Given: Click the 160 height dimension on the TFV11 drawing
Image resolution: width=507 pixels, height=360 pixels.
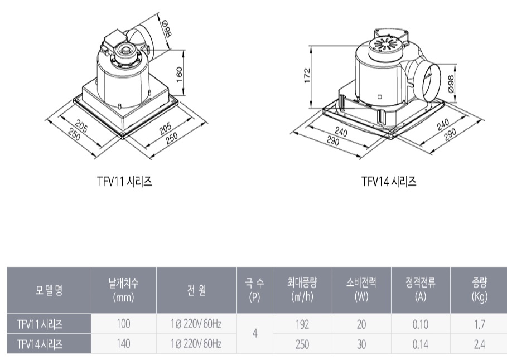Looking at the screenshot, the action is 180,74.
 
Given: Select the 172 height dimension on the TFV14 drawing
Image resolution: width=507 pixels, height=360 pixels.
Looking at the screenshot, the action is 307,75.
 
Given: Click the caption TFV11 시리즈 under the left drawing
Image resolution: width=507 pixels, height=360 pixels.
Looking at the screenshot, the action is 124,181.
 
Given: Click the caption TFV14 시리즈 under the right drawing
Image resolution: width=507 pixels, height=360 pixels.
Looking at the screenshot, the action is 389,181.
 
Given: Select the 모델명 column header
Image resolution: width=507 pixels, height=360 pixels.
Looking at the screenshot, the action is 49,290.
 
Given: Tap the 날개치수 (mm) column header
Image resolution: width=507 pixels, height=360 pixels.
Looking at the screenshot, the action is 123,290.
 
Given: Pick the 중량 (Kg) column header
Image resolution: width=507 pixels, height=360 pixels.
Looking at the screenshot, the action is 479,290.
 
